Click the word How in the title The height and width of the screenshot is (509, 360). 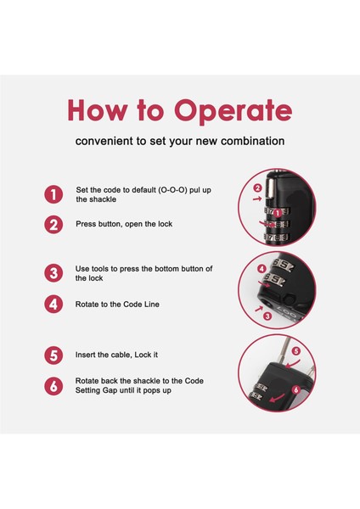pos(96,110)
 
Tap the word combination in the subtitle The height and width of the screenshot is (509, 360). pos(252,141)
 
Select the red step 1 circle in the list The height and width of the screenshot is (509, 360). pos(53,194)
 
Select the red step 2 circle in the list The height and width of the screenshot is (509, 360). pos(53,224)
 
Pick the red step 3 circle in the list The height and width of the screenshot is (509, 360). pos(53,273)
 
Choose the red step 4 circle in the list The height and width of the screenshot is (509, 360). pos(53,305)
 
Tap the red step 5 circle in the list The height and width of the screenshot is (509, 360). pos(53,355)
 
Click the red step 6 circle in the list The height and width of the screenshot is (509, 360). pos(53,386)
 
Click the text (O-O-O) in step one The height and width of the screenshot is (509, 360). pos(172,190)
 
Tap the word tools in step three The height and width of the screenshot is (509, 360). pos(99,269)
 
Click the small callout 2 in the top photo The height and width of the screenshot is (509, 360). pos(257,188)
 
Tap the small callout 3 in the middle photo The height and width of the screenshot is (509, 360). pos(267,316)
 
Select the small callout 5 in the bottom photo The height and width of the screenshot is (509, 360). pos(296,351)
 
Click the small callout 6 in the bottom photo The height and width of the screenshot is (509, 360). pos(295,389)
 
